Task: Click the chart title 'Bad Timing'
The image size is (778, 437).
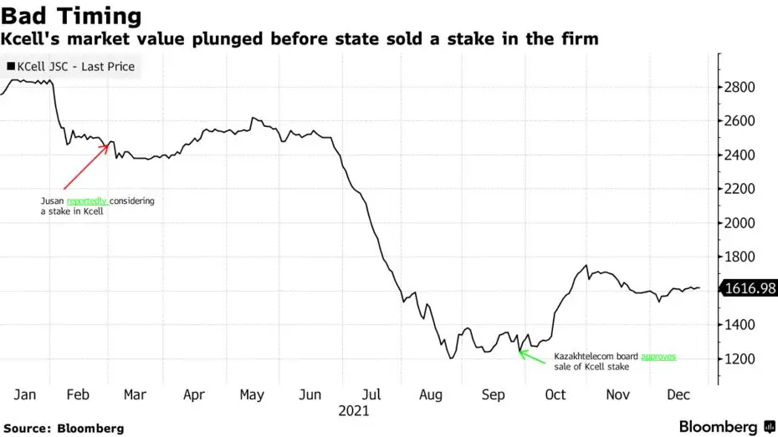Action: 70,16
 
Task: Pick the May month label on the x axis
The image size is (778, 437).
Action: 252,394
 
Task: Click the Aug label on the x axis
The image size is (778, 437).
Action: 432,394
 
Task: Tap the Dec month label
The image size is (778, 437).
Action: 678,394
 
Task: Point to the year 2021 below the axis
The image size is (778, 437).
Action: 354,411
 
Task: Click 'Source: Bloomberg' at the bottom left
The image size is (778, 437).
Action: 63,428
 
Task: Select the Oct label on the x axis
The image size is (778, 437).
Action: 555,394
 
